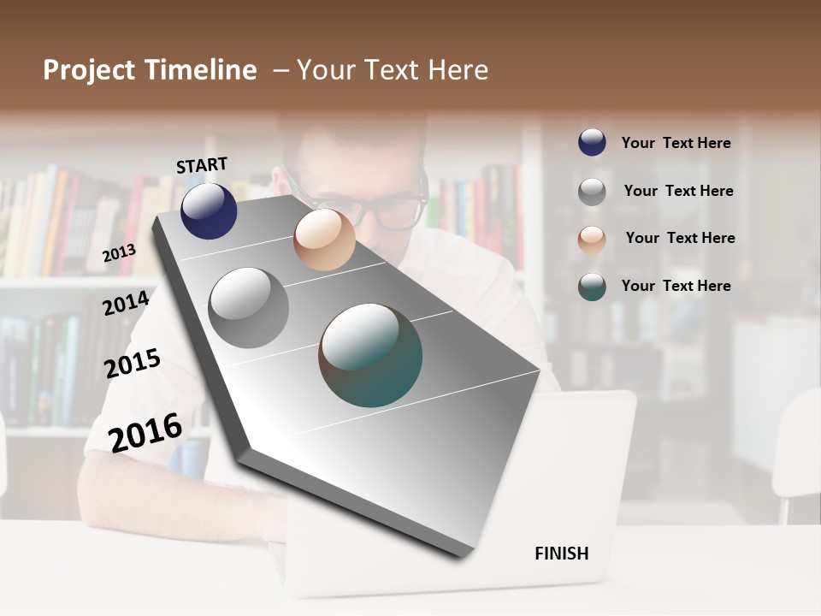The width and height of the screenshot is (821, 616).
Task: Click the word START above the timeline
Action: pyautogui.click(x=202, y=165)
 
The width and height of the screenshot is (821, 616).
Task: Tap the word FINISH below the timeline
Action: pyautogui.click(x=561, y=554)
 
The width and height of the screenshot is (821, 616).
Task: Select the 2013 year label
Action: pyautogui.click(x=120, y=252)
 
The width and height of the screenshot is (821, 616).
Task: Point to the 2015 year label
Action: pyautogui.click(x=133, y=364)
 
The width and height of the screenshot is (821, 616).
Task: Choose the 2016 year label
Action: pyautogui.click(x=145, y=432)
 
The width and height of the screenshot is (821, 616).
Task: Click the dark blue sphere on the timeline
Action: pyautogui.click(x=209, y=210)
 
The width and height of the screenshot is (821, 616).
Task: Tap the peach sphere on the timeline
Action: pyautogui.click(x=324, y=240)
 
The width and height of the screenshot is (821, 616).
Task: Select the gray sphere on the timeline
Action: pyautogui.click(x=249, y=308)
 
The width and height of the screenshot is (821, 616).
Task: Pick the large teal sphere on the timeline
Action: pyautogui.click(x=370, y=355)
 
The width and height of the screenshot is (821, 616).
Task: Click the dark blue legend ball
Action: pyautogui.click(x=592, y=142)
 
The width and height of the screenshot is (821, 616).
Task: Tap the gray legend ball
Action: pyautogui.click(x=592, y=192)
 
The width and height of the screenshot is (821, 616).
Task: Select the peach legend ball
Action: pyautogui.click(x=592, y=240)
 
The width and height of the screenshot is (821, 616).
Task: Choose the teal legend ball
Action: pyautogui.click(x=592, y=287)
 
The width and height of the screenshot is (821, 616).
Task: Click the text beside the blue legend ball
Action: pyautogui.click(x=676, y=143)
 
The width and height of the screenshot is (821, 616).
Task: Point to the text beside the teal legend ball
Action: pyautogui.click(x=676, y=286)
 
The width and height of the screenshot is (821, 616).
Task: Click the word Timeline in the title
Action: pyautogui.click(x=201, y=70)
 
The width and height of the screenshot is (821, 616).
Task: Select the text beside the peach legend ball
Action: pyautogui.click(x=680, y=238)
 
